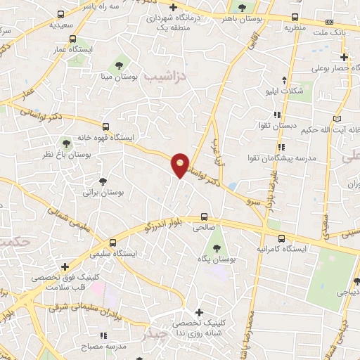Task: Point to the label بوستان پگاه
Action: click(216, 259)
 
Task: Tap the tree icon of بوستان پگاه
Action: click(216, 248)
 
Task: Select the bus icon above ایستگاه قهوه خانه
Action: click(105, 127)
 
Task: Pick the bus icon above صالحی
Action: click(204, 217)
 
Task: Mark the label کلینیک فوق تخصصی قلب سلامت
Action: click(65, 282)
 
